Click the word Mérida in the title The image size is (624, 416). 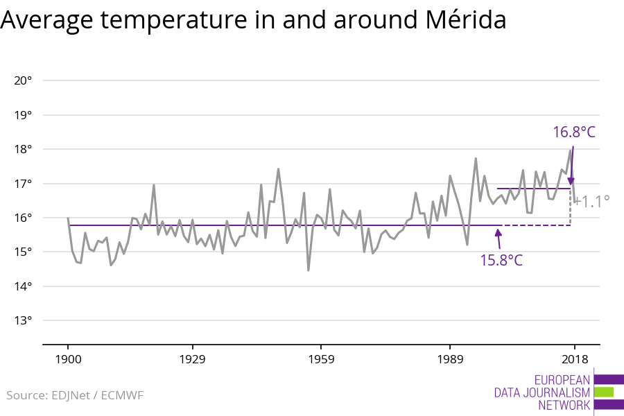[x=462, y=21]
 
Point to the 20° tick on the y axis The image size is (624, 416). [x=23, y=80]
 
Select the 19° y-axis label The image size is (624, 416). [x=23, y=115]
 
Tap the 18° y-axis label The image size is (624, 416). [x=23, y=149]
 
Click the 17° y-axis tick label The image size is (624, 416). [x=23, y=184]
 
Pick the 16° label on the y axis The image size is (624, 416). [x=23, y=218]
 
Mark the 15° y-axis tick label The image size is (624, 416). [x=23, y=252]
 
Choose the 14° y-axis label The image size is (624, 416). [x=23, y=286]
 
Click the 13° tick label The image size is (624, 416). [x=23, y=320]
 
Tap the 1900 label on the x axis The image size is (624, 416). [x=68, y=359]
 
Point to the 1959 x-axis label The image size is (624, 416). [x=320, y=359]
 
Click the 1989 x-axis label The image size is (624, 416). [x=450, y=359]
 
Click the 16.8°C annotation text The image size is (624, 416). [x=574, y=132]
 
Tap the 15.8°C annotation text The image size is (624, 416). [x=501, y=261]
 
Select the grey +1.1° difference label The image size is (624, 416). [x=591, y=201]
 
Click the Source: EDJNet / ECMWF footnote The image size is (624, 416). [x=75, y=395]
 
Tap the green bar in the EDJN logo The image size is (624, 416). [x=604, y=392]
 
